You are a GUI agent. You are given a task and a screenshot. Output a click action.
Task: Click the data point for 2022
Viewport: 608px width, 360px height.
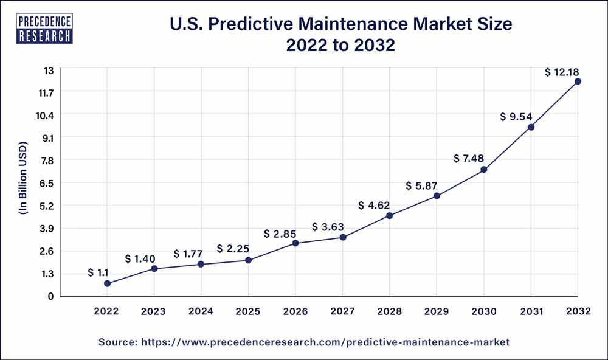click(107, 283)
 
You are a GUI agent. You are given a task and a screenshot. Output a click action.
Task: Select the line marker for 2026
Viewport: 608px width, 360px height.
click(295, 243)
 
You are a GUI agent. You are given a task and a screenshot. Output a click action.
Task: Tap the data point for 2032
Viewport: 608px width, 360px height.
click(578, 81)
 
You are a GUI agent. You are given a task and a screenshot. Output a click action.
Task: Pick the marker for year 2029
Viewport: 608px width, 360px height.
click(437, 196)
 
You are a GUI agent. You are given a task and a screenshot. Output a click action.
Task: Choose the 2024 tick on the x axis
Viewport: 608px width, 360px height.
click(201, 311)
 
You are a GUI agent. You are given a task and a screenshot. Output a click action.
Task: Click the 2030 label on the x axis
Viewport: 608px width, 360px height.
click(483, 311)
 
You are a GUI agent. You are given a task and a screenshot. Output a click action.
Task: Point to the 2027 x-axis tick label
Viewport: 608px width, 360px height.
click(342, 311)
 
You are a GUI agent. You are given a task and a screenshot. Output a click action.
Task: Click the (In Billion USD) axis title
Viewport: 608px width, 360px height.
click(23, 183)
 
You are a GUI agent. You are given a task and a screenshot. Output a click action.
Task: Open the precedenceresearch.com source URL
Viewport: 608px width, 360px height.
click(325, 343)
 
